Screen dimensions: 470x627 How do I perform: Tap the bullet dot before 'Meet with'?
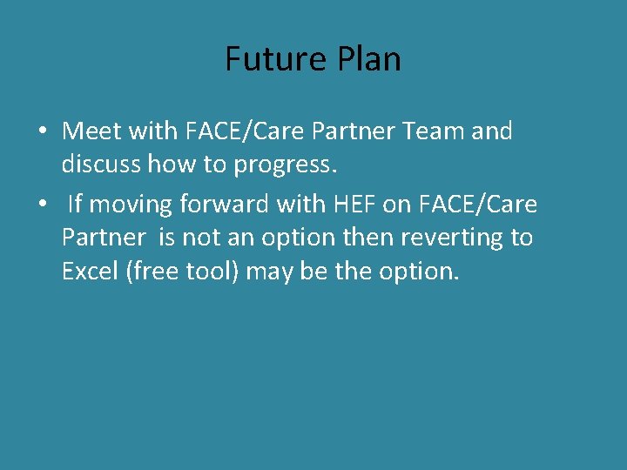(x=42, y=132)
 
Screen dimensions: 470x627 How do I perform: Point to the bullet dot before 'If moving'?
(x=42, y=205)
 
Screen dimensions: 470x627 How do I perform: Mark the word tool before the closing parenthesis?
(x=215, y=271)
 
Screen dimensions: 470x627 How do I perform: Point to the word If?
(x=75, y=205)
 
